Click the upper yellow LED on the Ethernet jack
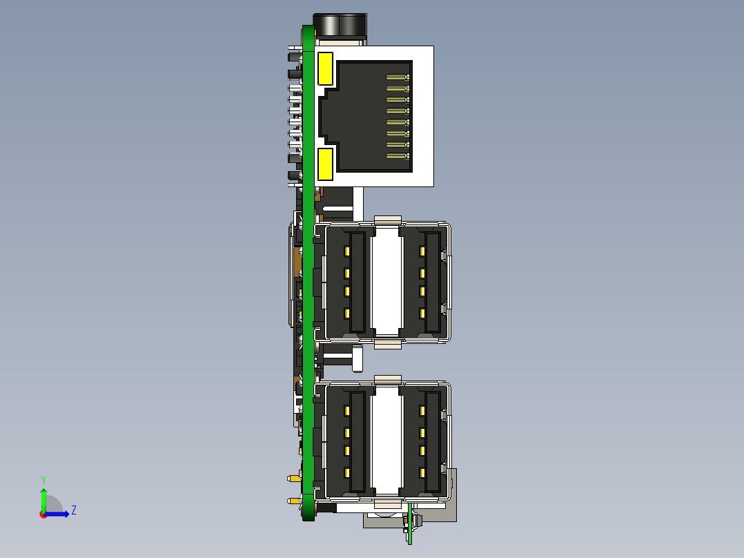(x=325, y=68)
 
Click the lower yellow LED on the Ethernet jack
(x=325, y=164)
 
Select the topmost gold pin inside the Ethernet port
(x=398, y=77)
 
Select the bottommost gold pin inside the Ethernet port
(x=398, y=156)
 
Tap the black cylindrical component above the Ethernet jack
(x=340, y=26)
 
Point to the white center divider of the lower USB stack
(x=386, y=439)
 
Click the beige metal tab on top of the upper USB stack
(x=387, y=220)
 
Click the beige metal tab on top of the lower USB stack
(x=387, y=380)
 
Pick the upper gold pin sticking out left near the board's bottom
(x=295, y=478)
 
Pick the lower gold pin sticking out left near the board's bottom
(x=295, y=501)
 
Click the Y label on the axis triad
(x=43, y=479)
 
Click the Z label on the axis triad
(x=73, y=510)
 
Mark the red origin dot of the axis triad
(x=43, y=514)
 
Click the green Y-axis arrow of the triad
(x=43, y=499)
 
